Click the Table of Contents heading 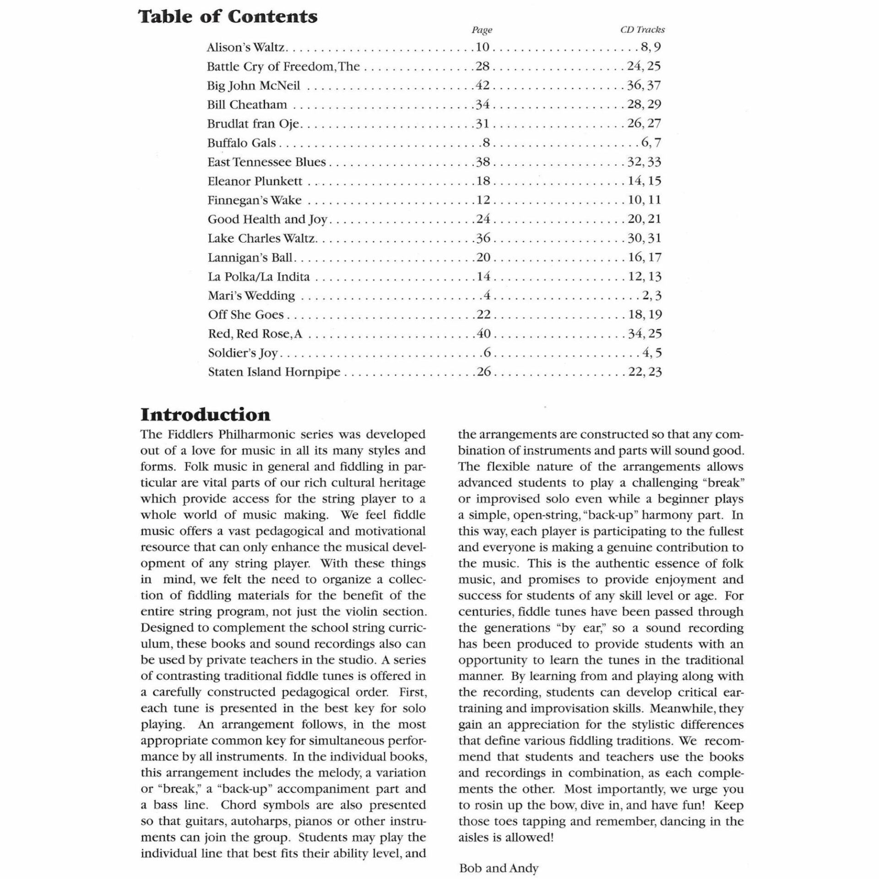pos(228,17)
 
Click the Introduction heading pos(205,415)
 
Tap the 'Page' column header pos(482,30)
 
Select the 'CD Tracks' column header pos(642,30)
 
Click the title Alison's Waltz pos(246,48)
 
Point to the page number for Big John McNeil pos(483,86)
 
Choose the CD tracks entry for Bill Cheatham pos(644,104)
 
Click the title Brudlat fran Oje pos(253,124)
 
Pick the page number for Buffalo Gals pos(486,143)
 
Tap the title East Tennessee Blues pos(266,162)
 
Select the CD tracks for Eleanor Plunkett pos(644,181)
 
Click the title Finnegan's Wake pos(255,201)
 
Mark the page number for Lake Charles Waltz pos(483,238)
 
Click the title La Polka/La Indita pos(259,277)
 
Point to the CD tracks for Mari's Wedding pos(652,296)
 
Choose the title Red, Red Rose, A pos(255,334)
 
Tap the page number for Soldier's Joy pos(487,353)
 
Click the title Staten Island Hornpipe pos(274,372)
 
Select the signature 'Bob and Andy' pos(499,868)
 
